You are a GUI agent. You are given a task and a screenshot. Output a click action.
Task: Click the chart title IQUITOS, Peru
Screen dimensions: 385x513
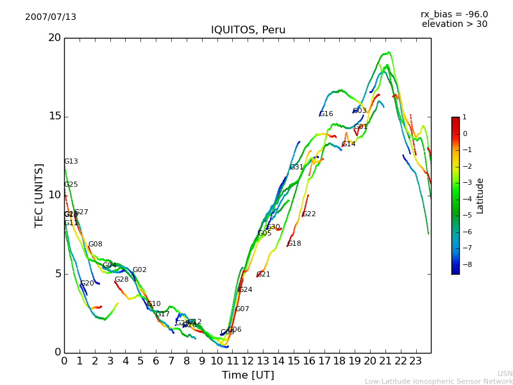coord(248,30)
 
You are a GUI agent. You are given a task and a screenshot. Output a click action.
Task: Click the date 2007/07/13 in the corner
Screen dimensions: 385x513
coord(51,17)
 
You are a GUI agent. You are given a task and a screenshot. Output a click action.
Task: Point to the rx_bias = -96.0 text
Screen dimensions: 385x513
coord(454,14)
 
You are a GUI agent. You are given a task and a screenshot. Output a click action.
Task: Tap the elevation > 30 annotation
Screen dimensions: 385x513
coord(454,24)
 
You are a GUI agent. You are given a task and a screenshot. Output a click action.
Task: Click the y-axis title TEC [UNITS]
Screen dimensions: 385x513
coord(39,195)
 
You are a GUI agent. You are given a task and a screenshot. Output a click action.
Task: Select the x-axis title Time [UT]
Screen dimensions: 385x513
coord(248,375)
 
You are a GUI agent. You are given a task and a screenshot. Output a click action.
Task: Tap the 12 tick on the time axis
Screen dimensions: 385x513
coord(248,361)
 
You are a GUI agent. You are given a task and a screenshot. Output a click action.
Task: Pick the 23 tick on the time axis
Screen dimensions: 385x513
coord(416,361)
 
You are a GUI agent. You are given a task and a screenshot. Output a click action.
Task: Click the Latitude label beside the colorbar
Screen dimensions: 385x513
coord(480,196)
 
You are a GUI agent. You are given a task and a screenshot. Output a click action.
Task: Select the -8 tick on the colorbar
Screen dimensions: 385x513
coord(465,264)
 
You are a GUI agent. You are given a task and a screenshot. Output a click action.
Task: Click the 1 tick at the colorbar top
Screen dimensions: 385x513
coord(464,117)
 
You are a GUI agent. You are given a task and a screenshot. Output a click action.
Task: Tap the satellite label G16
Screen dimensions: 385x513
coord(326,114)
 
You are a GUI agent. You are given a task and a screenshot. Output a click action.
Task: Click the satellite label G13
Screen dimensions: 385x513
coord(71,162)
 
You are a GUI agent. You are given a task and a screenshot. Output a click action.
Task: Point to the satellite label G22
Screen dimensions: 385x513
coord(309,214)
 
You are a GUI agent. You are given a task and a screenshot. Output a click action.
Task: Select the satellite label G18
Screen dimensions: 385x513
coord(294,244)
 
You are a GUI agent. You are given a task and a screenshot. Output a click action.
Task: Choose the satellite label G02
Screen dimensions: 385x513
coord(140,270)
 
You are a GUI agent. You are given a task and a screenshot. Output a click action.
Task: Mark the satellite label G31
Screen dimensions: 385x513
coord(296,167)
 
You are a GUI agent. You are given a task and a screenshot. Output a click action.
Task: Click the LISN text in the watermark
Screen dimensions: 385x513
coord(505,373)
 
